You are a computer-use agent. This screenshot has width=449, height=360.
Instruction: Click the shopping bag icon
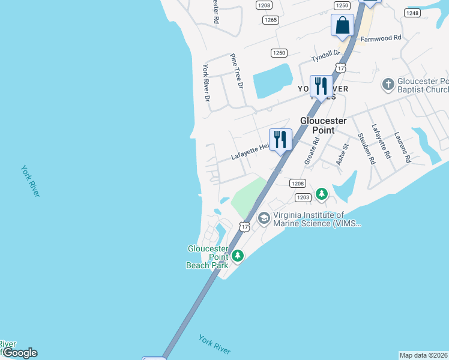pyautogui.click(x=342, y=25)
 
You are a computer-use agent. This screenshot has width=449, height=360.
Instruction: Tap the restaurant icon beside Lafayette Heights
pyautogui.click(x=280, y=139)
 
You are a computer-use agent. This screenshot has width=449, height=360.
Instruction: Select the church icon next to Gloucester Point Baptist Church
pyautogui.click(x=388, y=84)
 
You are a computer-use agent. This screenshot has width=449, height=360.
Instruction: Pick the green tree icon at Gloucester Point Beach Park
pyautogui.click(x=238, y=256)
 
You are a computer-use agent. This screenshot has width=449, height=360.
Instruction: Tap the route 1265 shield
pyautogui.click(x=271, y=20)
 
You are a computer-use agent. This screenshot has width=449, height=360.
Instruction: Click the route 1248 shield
pyautogui.click(x=412, y=13)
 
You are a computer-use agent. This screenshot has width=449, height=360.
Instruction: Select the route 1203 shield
pyautogui.click(x=302, y=197)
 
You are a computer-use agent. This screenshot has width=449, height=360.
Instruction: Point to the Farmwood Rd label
pyautogui.click(x=380, y=38)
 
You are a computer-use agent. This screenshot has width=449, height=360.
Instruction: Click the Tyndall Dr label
pyautogui.click(x=325, y=57)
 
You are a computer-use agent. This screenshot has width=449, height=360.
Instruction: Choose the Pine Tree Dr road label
pyautogui.click(x=237, y=71)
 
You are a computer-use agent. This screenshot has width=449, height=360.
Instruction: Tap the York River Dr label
pyautogui.click(x=206, y=82)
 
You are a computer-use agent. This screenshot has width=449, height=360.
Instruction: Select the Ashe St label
pyautogui.click(x=342, y=154)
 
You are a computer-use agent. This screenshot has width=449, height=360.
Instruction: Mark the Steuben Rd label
pyautogui.click(x=366, y=148)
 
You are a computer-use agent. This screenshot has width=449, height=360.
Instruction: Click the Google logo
pyautogui.click(x=19, y=353)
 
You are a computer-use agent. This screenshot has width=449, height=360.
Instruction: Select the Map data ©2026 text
pyautogui.click(x=424, y=355)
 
